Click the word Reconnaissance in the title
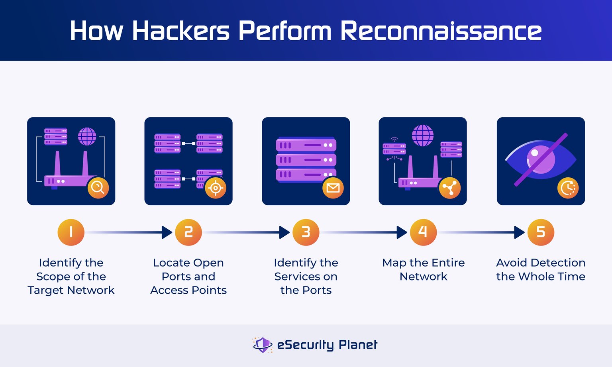[x=441, y=31]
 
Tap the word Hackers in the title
[x=180, y=31]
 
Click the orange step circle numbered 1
[x=71, y=232]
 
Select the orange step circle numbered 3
[x=306, y=232]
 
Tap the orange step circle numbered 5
[x=541, y=232]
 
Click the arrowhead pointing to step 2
[x=167, y=232]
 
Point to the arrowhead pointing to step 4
[x=402, y=232]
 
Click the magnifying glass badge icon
[x=98, y=188]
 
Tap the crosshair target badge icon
[x=216, y=188]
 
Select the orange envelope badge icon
[x=333, y=188]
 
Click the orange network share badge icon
[x=450, y=188]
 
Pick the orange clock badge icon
[x=568, y=188]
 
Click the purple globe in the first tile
[x=87, y=136]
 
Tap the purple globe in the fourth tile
[x=422, y=135]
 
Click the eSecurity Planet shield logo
[x=263, y=345]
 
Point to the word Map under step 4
[x=394, y=263]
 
